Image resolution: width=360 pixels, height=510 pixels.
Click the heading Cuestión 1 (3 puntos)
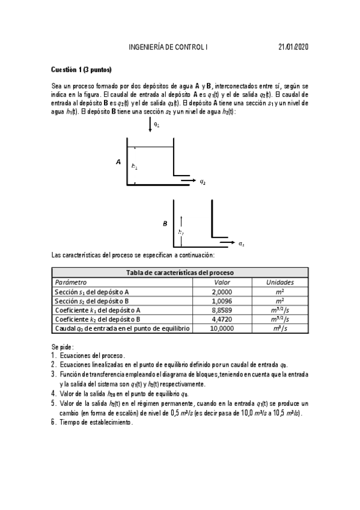(81, 70)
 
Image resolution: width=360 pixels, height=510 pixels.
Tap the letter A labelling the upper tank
(118, 162)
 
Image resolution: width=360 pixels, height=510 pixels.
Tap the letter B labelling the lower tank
(165, 224)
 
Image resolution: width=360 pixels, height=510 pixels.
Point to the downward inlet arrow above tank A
(150, 125)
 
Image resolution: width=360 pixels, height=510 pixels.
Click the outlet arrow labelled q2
(188, 180)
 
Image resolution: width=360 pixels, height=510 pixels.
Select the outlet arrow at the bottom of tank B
(226, 243)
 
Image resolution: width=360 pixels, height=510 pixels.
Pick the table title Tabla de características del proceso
(180, 272)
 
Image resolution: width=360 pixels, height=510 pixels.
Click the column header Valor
(222, 281)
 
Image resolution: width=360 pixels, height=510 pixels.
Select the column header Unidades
(279, 281)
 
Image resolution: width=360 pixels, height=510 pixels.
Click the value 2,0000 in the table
(222, 291)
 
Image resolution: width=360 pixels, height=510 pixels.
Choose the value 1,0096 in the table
(222, 300)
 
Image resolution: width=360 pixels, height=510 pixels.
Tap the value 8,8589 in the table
(222, 310)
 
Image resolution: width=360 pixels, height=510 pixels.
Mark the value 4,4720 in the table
(222, 319)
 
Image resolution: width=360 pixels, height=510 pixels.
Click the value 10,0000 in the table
(222, 328)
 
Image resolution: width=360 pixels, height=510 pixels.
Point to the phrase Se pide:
(63, 347)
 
